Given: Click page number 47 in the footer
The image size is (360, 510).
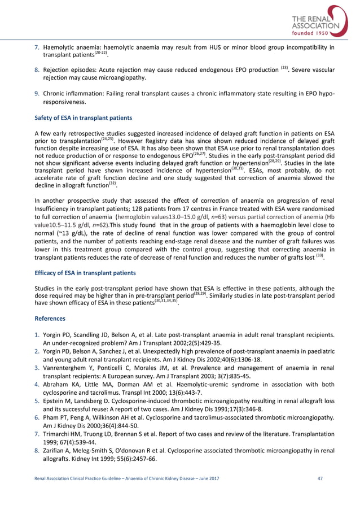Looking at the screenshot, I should (x=321, y=494).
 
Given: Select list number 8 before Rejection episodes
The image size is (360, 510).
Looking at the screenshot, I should (x=37, y=70).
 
